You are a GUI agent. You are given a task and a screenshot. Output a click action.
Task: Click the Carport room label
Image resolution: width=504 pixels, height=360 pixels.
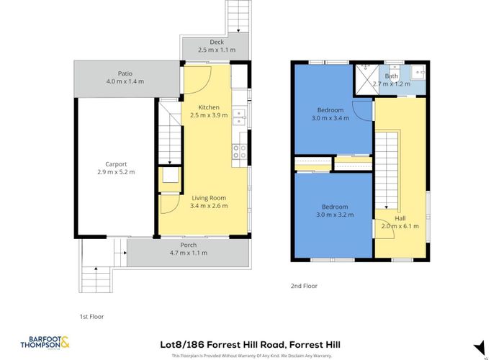(116, 164)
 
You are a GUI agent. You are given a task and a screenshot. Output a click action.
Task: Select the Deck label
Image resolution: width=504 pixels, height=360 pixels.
(217, 42)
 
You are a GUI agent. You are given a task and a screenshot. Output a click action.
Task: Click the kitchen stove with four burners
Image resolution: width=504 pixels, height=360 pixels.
(240, 151)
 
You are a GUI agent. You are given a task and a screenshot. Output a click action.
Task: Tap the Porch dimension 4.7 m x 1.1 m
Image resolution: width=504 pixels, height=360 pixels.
(189, 253)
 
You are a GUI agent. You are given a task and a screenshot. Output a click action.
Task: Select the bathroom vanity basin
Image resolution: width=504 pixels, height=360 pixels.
(417, 72)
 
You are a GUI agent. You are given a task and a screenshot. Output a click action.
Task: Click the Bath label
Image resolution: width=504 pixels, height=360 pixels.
(392, 76)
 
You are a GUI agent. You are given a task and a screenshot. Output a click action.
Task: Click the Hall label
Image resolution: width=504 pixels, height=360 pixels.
(400, 217)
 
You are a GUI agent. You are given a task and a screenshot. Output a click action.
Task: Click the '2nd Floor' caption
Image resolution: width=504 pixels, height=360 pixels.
(304, 286)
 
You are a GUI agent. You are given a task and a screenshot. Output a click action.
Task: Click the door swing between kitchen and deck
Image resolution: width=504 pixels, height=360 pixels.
(202, 73)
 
